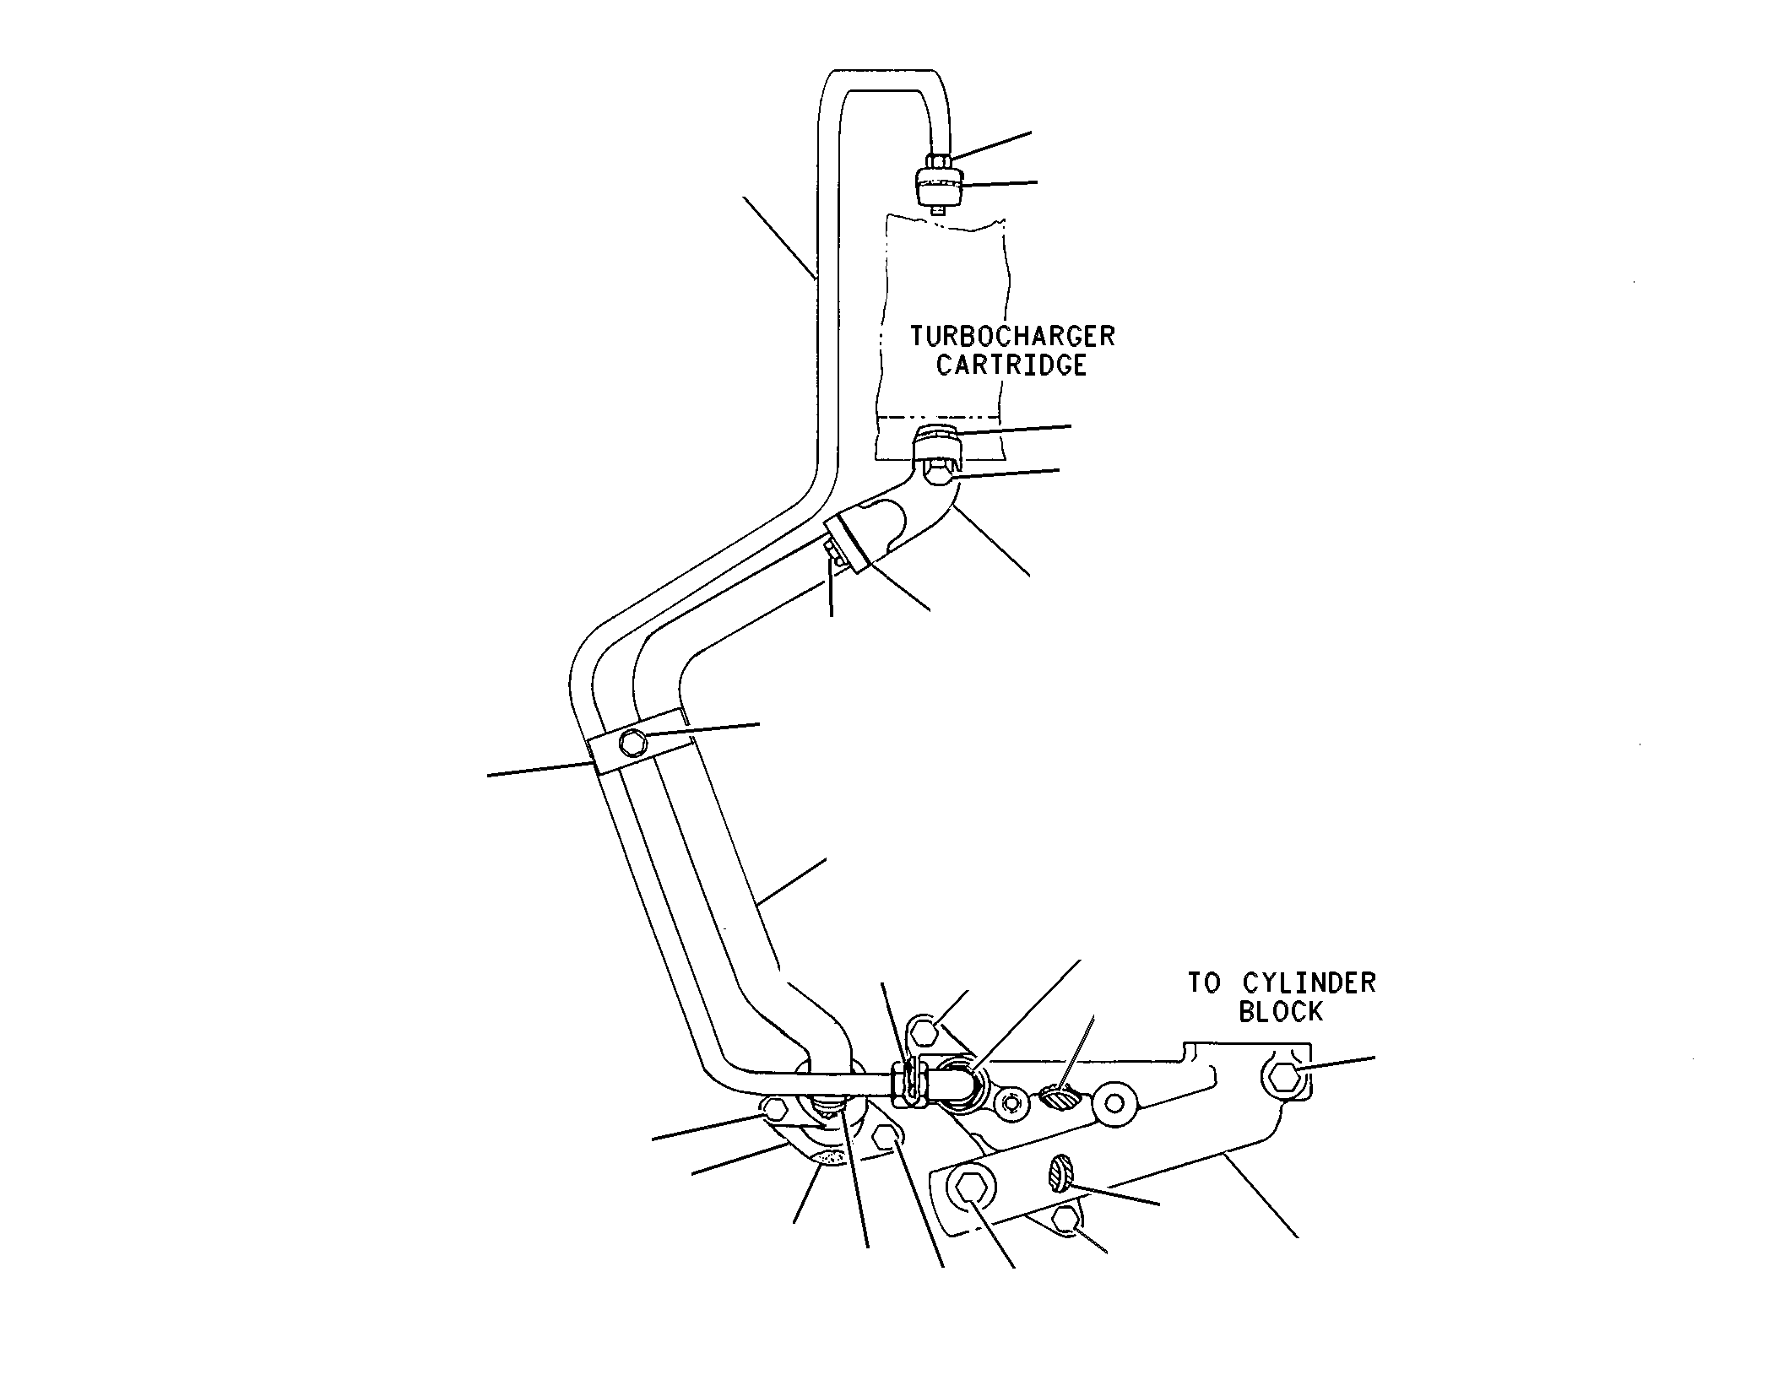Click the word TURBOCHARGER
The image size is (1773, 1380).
[x=1011, y=336]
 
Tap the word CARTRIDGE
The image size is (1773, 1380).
[x=1011, y=365]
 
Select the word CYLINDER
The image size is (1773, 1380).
[x=1309, y=983]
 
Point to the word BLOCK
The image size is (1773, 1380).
[x=1280, y=1012]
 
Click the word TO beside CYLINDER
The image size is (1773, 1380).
[x=1206, y=983]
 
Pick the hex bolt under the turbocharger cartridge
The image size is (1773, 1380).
[x=936, y=475]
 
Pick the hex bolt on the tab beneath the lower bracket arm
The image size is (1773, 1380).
[x=1066, y=1220]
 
